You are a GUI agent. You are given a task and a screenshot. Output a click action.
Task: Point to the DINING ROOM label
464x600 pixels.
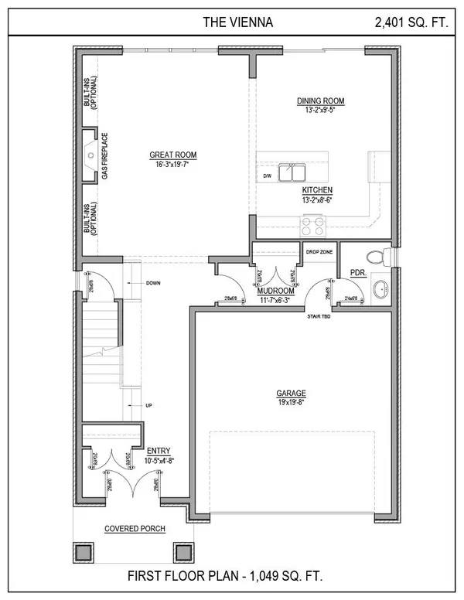coord(321,101)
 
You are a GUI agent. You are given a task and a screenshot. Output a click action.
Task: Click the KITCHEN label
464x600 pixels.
coord(317,189)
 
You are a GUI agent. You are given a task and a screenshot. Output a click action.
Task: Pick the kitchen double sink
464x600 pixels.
coord(292,172)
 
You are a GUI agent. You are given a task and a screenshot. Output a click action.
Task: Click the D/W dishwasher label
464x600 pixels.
coord(267,176)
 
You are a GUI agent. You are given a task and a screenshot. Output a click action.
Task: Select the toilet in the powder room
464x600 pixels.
coord(374,255)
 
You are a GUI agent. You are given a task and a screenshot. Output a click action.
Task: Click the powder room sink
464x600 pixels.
coord(379,291)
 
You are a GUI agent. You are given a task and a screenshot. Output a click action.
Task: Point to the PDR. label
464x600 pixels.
coord(357,272)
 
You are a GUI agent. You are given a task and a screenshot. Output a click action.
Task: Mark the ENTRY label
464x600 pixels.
coord(160,451)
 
